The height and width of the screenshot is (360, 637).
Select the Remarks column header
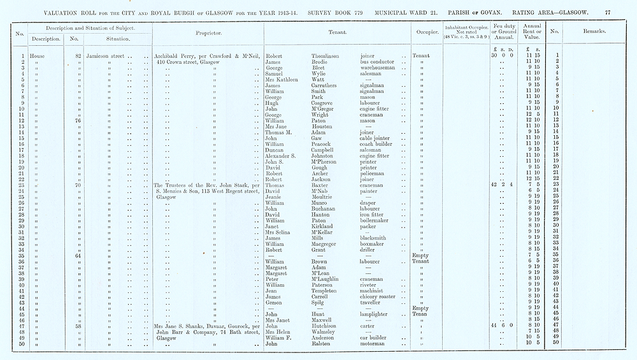(x=594, y=31)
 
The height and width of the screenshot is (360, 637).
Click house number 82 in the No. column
(x=78, y=56)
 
